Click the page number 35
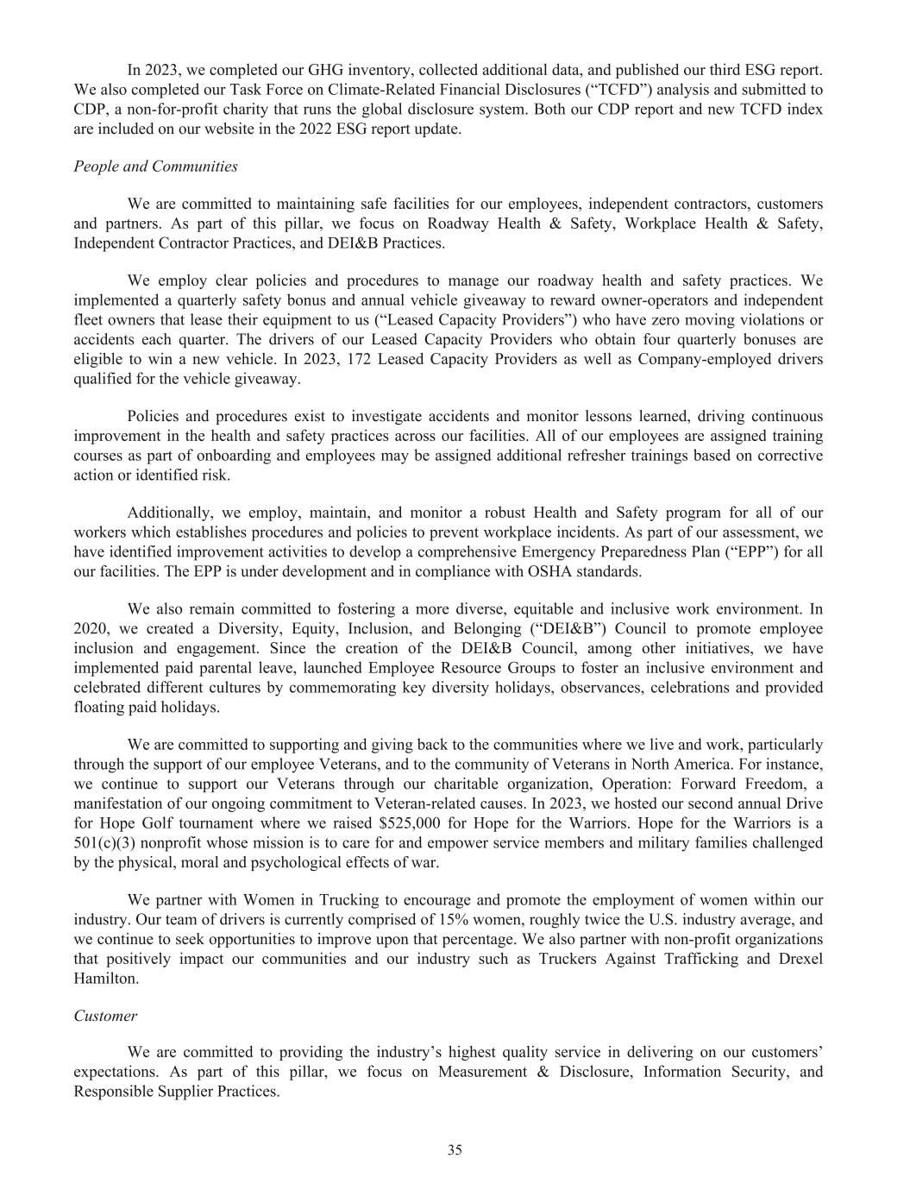click(x=455, y=1150)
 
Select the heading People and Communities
click(x=155, y=166)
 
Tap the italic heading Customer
click(x=105, y=1016)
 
